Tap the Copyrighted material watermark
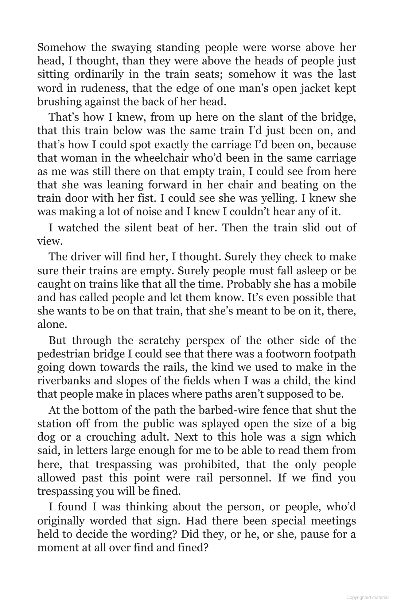tap(367, 597)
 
